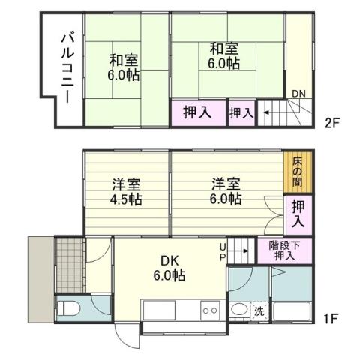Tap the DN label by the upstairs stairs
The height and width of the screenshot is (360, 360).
[x=298, y=94]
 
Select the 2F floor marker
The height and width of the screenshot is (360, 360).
[x=332, y=120]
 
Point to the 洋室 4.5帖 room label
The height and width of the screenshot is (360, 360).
[x=126, y=192]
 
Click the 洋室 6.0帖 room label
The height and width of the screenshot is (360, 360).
[x=225, y=192]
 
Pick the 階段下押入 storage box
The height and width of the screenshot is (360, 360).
[x=285, y=250]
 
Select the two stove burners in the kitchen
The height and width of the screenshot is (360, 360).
[x=209, y=311]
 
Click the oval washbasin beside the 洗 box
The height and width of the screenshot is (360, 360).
[x=240, y=310]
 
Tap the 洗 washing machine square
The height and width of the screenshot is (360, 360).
[x=259, y=311]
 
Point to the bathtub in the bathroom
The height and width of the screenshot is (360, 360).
[x=292, y=311]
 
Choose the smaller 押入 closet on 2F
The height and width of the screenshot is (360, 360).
[x=241, y=113]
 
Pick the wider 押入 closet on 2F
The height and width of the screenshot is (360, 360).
[x=198, y=112]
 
